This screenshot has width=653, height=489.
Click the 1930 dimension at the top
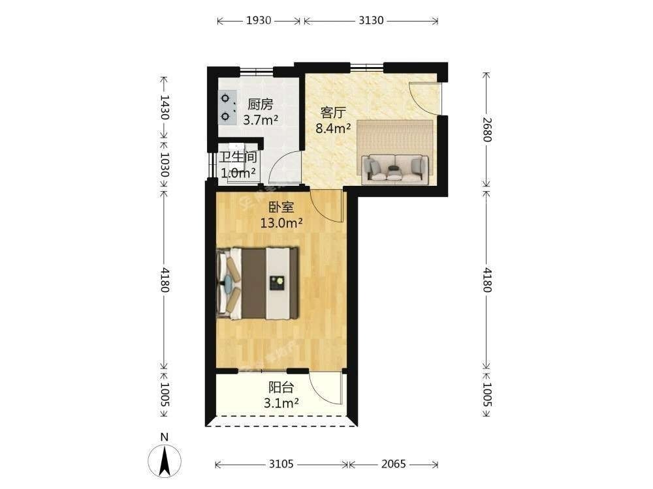(259, 20)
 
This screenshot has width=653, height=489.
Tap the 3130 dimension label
(371, 20)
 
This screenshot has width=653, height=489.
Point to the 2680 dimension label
(487, 129)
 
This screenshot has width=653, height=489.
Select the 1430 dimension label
(165, 107)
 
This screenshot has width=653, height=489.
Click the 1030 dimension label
(165, 165)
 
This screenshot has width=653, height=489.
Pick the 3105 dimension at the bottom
(281, 464)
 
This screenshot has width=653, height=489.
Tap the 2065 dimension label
(394, 464)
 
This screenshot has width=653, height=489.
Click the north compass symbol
(165, 460)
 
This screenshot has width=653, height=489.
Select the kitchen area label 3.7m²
(261, 120)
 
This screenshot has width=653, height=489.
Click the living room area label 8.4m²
(333, 128)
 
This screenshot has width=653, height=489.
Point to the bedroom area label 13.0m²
(281, 223)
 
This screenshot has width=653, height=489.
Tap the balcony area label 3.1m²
(281, 403)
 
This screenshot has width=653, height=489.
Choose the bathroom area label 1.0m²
(238, 173)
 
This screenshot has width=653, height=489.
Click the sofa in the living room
(394, 168)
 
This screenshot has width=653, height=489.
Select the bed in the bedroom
(257, 284)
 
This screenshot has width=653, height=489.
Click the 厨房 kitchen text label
(261, 104)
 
